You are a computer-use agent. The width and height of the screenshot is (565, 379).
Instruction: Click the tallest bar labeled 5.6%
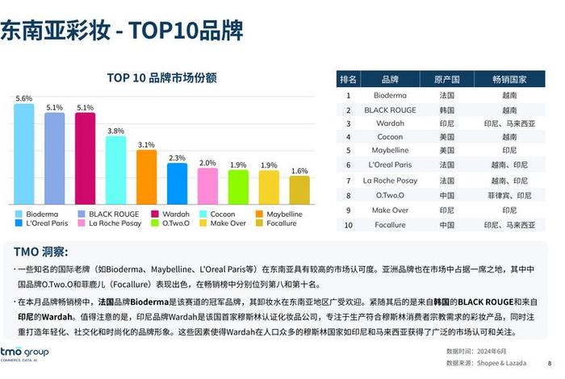click(24, 153)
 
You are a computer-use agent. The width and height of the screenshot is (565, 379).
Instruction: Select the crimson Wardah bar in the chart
click(86, 158)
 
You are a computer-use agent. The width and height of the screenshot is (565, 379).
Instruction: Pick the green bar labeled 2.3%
click(178, 183)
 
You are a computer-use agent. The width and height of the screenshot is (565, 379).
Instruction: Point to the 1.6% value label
click(299, 171)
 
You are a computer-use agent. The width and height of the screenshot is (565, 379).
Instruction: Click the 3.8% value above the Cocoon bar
click(116, 131)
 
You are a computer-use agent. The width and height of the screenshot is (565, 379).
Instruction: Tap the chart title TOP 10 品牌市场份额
click(161, 78)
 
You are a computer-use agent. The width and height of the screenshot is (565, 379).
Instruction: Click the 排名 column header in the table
click(349, 79)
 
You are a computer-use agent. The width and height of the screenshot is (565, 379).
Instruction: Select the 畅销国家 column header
click(508, 79)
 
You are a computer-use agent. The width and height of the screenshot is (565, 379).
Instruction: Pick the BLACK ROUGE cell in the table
click(390, 109)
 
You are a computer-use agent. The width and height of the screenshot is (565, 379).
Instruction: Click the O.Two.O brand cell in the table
click(390, 195)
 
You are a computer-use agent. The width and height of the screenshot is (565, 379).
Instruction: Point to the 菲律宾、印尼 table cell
click(508, 195)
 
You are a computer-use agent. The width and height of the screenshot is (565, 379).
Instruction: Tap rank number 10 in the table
click(349, 225)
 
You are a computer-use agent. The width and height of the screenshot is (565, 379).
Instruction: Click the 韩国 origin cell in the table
click(446, 109)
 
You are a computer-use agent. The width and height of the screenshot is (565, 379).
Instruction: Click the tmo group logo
click(24, 355)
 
